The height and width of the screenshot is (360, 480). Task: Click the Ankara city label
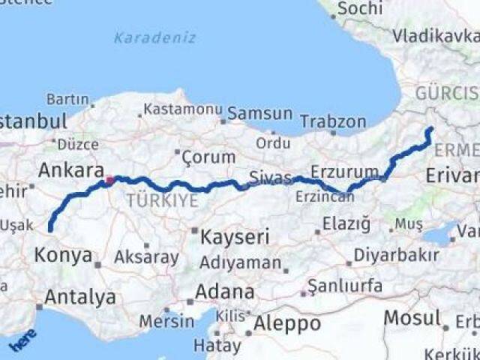pos(70,170)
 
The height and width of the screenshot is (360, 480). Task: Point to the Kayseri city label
pos(235,238)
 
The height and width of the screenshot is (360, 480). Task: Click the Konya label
pos(62,254)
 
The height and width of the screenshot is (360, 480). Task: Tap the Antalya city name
pos(79,297)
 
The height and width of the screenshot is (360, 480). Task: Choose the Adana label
pos(224,292)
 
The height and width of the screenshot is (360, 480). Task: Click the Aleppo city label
pos(288,324)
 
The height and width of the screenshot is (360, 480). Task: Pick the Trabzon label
pos(333,121)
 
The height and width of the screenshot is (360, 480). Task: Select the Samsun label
pos(259,113)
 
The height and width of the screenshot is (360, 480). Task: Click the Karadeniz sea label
pos(155,37)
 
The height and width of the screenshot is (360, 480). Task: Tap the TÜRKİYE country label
pos(162,201)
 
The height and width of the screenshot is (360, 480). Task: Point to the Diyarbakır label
pos(396,255)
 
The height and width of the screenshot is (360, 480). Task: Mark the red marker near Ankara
pos(109,180)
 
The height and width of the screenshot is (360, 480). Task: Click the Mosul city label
pos(412,317)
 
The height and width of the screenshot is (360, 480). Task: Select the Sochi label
pos(359,9)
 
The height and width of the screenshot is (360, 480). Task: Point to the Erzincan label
pos(325,196)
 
